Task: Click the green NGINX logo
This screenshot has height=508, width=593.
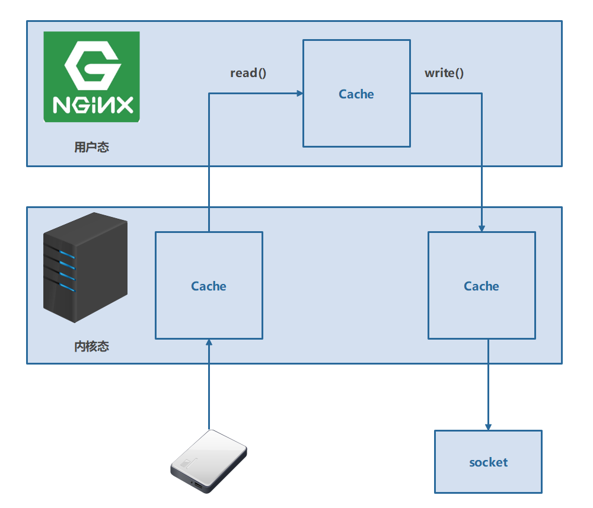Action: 92,77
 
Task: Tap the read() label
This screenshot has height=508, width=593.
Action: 248,73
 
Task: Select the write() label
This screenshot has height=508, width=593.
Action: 444,73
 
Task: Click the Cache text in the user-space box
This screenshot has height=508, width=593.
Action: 356,94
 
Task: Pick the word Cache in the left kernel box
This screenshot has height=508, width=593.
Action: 209,286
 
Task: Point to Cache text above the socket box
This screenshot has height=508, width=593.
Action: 482,286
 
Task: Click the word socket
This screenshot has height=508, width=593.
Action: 488,462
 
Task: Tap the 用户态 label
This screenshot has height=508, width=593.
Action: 92,147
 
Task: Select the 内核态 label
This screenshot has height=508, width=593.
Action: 92,346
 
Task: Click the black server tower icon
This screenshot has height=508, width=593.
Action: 86,267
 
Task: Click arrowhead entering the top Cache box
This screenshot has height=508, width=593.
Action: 299,93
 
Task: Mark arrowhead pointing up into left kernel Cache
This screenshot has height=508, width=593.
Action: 209,343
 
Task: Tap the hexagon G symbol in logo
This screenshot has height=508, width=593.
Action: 93,63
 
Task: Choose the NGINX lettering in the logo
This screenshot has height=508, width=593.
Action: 93,106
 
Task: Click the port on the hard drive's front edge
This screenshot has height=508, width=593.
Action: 198,487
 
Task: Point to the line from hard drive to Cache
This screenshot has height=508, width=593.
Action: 209,385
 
